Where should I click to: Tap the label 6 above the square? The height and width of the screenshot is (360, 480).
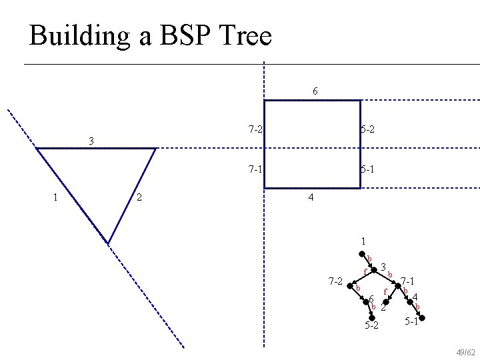coord(315,91)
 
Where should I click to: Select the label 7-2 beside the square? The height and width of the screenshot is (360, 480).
coord(254,129)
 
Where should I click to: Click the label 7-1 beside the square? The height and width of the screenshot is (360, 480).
coord(254,169)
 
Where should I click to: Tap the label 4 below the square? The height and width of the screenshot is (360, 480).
coord(311,198)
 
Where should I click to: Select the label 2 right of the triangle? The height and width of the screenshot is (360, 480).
coord(138,197)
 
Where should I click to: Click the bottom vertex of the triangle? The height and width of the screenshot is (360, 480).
coord(108,243)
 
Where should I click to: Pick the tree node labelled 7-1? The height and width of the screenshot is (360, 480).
coord(399,285)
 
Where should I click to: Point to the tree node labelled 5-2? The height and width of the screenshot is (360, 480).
coord(373,317)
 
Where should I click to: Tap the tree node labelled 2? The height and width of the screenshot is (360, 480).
coord(385,301)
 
